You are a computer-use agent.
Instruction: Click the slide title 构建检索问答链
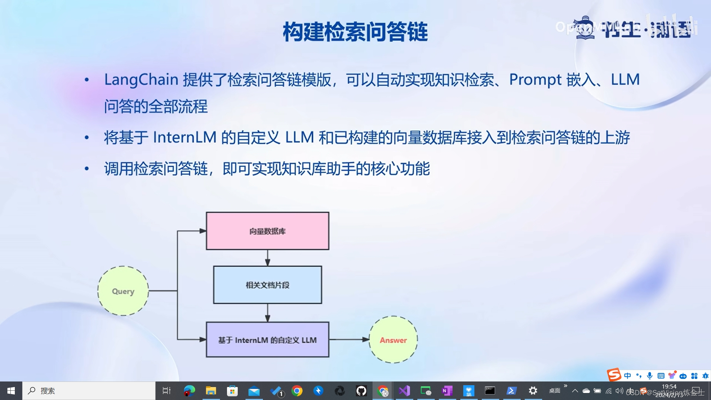[355, 32]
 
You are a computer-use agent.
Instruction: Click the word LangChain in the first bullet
[141, 80]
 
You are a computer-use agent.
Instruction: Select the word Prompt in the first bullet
[535, 80]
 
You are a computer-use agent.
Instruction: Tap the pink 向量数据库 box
[267, 231]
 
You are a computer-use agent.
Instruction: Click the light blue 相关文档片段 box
[267, 285]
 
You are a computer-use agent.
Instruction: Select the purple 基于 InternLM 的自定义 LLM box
[267, 340]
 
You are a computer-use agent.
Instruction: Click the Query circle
[123, 291]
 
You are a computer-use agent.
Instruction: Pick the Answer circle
[393, 340]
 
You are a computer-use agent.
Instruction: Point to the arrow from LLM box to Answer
[348, 339]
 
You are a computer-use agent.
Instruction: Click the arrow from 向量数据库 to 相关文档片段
[267, 258]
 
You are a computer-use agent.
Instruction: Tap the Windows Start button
[11, 391]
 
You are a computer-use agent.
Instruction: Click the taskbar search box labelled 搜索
[89, 391]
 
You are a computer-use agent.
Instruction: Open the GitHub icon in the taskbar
[361, 391]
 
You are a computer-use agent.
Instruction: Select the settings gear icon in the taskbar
[533, 391]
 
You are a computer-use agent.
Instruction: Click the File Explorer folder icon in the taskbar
[211, 391]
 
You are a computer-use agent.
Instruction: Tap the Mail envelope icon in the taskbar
[254, 391]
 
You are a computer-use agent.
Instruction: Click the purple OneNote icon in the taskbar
[447, 391]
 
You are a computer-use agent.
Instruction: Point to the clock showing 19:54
[669, 387]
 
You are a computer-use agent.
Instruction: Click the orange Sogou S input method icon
[614, 375]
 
